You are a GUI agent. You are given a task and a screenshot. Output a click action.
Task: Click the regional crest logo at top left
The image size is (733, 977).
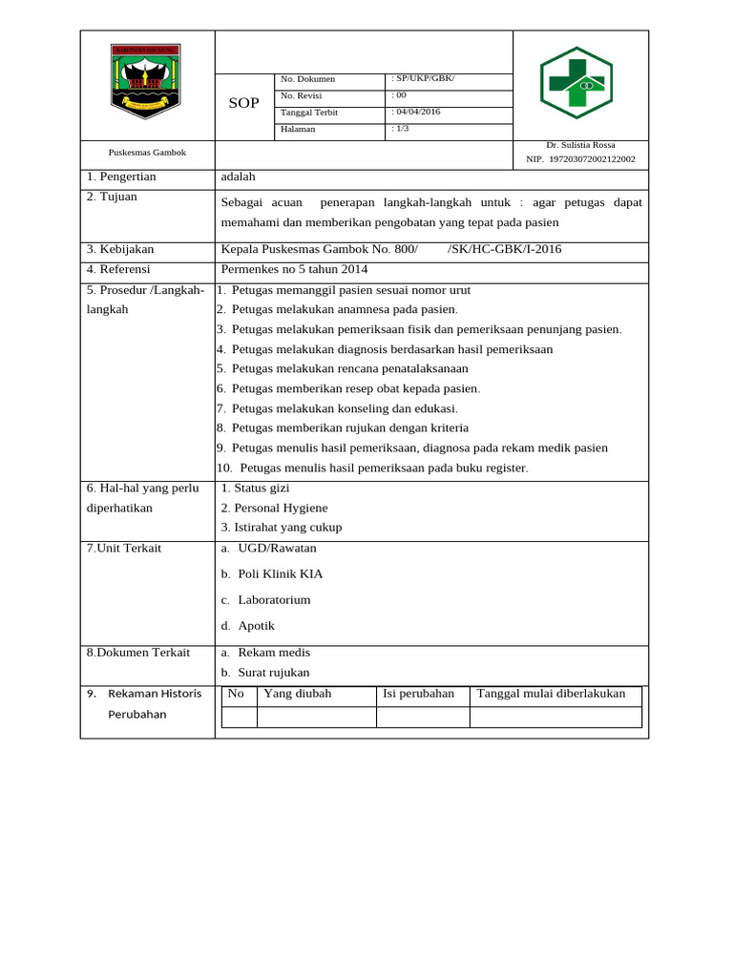pos(146,82)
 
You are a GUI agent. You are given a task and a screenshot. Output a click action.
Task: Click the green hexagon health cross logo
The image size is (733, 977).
pos(576,83)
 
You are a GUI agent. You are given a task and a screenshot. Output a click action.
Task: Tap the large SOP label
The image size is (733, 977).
pos(243,103)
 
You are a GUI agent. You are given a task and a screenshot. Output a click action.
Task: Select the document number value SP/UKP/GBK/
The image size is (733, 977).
pos(423,78)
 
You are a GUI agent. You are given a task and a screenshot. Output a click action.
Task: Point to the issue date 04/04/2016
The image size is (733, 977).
pos(416,112)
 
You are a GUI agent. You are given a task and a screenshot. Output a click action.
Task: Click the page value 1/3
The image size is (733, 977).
pos(402,129)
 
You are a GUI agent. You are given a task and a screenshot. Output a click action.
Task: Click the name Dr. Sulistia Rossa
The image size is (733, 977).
pos(580,145)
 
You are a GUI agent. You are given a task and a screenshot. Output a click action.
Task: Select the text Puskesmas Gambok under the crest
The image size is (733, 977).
pos(147,153)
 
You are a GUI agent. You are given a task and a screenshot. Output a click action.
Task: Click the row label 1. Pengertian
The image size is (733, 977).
pos(121,177)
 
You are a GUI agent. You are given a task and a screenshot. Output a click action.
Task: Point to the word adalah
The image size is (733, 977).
pos(238,177)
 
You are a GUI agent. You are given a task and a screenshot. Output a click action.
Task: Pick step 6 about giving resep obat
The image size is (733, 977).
pos(348,388)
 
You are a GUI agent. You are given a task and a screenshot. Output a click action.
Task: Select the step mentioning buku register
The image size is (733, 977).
pos(372,468)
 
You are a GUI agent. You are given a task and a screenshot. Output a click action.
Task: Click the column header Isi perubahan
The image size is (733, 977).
pos(418,694)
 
